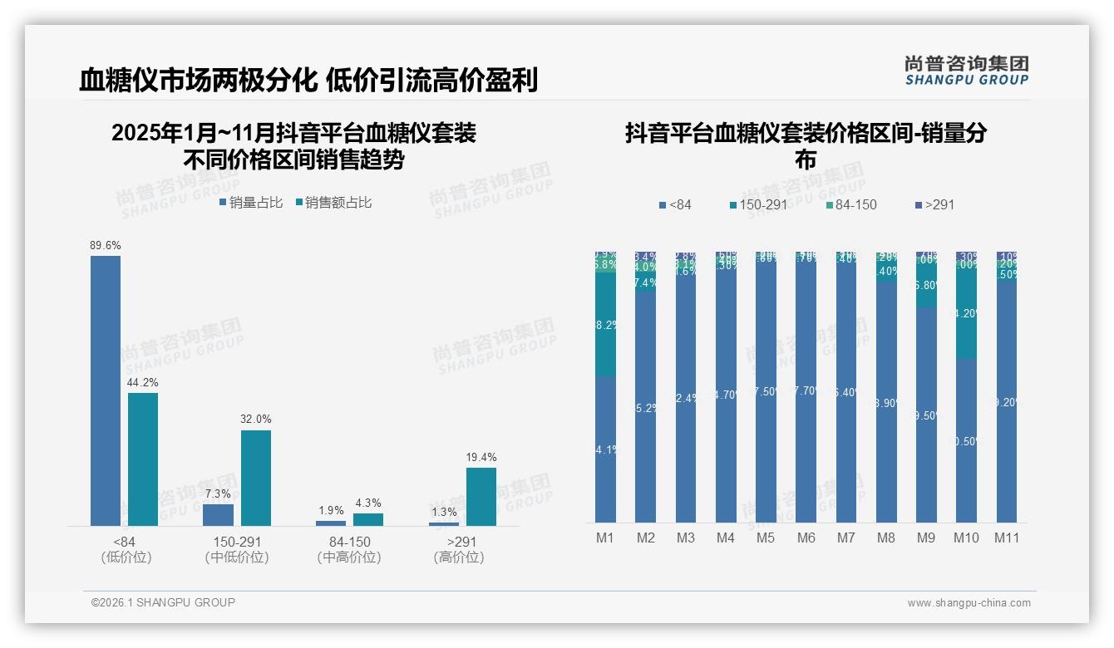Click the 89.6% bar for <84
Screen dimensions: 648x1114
tap(106, 390)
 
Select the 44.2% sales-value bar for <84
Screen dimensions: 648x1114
tap(143, 459)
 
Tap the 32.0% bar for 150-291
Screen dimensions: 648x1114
tap(256, 478)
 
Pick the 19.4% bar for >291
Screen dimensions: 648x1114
tap(481, 496)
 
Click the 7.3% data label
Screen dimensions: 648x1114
tap(218, 493)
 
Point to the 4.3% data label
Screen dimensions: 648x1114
tap(368, 503)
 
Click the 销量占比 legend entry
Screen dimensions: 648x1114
tap(252, 202)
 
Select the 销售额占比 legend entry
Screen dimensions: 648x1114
tap(334, 202)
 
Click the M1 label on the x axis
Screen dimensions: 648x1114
tap(605, 538)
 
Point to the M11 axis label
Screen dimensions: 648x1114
tap(1008, 538)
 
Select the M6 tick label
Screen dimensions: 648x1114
tap(806, 538)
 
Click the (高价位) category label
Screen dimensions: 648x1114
tap(458, 557)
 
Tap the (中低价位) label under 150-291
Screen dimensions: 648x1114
tap(237, 557)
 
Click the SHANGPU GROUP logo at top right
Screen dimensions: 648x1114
tap(966, 71)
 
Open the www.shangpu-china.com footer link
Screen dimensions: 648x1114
tap(969, 603)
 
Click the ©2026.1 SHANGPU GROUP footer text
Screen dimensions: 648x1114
tap(163, 602)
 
